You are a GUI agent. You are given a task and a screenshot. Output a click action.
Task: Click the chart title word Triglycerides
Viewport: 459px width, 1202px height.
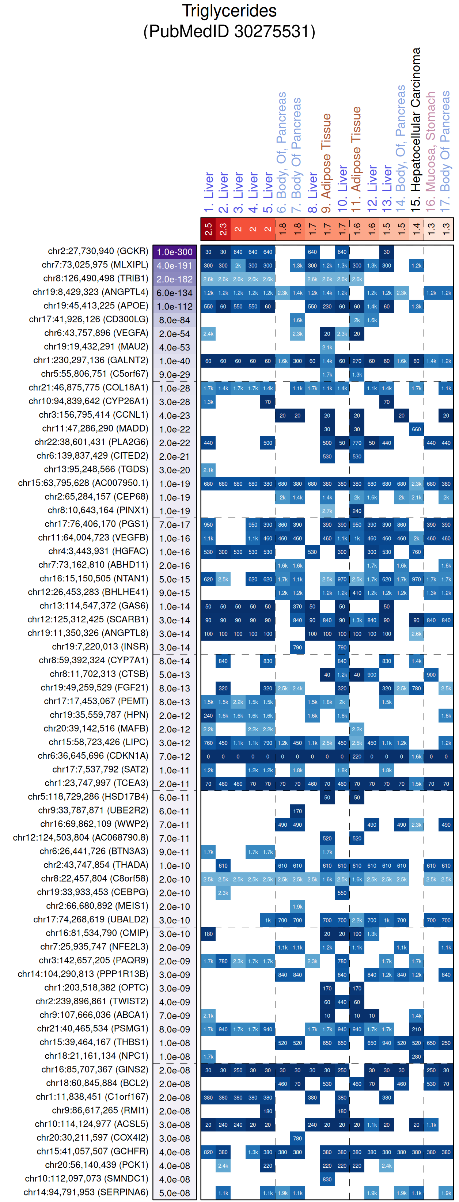[229, 11]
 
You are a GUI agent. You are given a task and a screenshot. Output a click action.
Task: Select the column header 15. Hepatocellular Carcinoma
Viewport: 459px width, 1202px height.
[416, 131]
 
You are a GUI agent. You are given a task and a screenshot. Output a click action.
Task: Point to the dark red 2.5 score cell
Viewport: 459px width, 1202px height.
[208, 229]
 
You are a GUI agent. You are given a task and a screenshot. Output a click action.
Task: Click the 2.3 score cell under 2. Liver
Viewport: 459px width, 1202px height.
[223, 229]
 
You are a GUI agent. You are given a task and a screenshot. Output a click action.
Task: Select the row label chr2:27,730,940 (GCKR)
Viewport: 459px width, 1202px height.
[98, 251]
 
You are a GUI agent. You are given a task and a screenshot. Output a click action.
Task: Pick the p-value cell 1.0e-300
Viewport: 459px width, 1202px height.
[174, 252]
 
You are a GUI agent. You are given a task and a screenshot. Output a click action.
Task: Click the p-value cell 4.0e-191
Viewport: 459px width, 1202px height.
[174, 265]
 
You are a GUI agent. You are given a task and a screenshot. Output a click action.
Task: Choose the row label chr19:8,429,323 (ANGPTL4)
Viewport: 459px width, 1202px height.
[90, 292]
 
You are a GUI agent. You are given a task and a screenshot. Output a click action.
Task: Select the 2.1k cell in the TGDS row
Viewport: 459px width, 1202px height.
[208, 470]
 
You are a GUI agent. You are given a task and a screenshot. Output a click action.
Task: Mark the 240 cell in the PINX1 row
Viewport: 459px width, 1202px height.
[357, 511]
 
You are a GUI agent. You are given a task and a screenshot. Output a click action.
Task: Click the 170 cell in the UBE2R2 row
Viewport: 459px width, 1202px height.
[297, 811]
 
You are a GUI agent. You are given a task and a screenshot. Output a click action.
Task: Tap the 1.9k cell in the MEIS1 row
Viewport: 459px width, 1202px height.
[297, 906]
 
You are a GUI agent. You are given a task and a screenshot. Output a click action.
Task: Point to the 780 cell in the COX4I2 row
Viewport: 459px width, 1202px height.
[297, 1138]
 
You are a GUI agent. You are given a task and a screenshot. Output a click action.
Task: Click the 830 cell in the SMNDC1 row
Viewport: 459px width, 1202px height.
[327, 1179]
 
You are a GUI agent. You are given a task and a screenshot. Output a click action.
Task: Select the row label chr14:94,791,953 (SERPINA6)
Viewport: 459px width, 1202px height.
[86, 1192]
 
